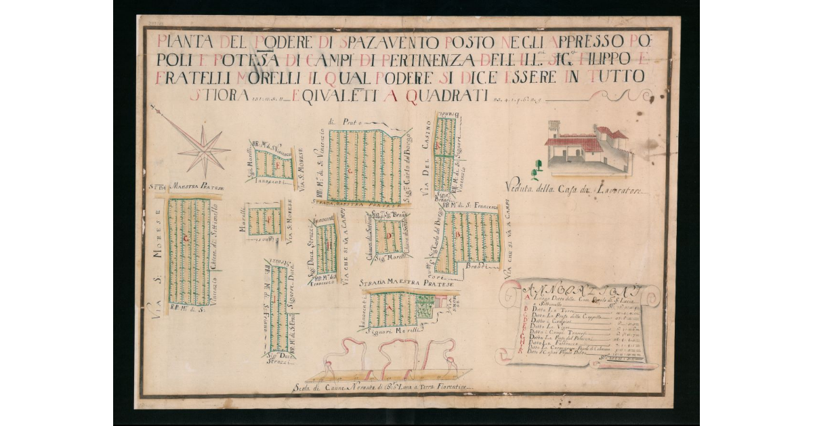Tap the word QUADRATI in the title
pyautogui.click(x=446, y=96)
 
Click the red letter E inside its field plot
pyautogui.click(x=279, y=165)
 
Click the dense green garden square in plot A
pyautogui.click(x=425, y=309)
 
